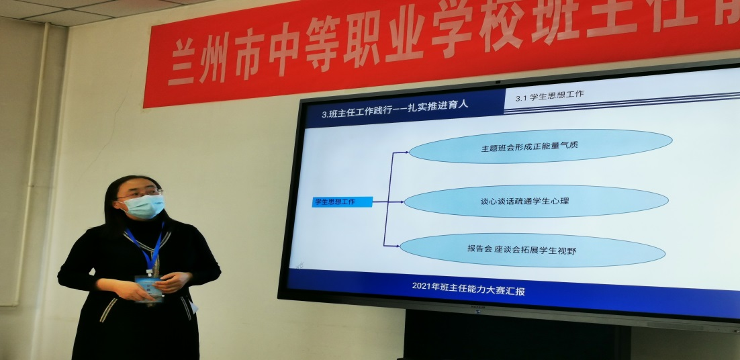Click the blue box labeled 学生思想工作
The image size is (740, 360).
click(342, 201)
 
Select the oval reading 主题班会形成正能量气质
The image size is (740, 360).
click(540, 146)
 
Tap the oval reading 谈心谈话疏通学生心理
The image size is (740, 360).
click(535, 201)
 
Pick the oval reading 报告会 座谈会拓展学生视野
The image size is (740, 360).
click(532, 250)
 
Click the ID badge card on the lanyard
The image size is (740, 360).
click(148, 287)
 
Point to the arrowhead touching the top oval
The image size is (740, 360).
click(405, 152)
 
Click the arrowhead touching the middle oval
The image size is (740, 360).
click(401, 201)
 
